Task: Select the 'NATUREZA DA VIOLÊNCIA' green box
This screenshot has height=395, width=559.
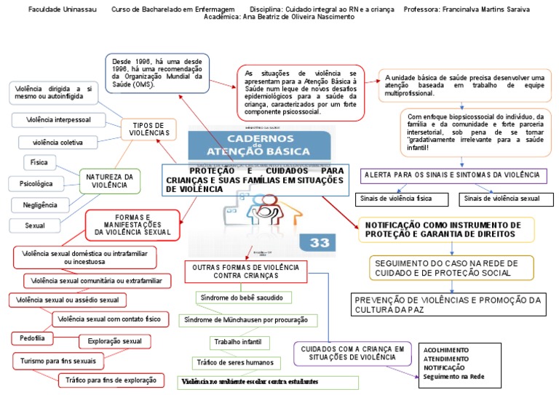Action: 109,180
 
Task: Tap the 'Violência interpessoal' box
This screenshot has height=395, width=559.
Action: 59,119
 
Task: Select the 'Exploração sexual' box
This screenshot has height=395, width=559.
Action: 114,340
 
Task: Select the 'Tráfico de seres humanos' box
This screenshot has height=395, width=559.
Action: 234,362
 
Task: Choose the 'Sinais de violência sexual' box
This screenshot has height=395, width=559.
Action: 501,198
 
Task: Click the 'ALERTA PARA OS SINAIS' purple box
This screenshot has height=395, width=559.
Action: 453,175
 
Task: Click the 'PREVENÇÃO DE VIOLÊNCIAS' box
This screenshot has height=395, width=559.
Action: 447,304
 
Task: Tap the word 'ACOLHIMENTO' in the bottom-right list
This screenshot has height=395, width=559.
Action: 446,350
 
